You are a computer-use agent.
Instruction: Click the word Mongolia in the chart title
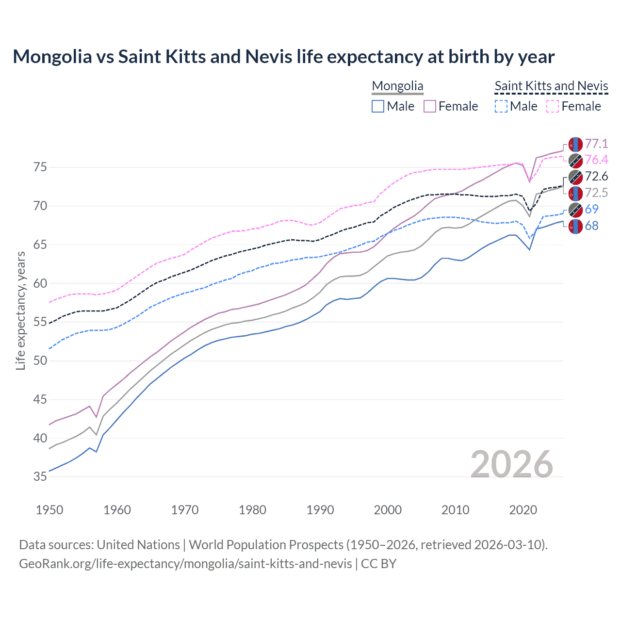pos(52,57)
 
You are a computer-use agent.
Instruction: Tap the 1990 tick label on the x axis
pos(320,510)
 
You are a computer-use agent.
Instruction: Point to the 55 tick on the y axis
pos(40,322)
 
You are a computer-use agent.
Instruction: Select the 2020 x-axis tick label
pos(523,510)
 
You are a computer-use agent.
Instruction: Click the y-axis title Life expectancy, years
pos(20,310)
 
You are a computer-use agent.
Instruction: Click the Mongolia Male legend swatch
pos(378,106)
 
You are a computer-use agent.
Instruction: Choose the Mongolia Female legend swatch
pos(430,106)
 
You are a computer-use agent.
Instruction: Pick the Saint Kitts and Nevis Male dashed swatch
pos(501,106)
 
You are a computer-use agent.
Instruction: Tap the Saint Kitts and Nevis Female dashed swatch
pos(553,106)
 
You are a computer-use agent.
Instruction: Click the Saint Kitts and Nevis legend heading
pos(551,86)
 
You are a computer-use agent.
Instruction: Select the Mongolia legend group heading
pos(397,86)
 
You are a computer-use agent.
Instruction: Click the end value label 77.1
pos(596,144)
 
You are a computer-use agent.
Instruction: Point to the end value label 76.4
pos(596,160)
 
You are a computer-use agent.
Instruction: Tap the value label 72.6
pos(596,176)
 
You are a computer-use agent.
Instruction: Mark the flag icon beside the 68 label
pos(575,226)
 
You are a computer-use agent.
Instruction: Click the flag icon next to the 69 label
pos(575,210)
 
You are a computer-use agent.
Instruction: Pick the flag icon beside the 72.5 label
pos(575,193)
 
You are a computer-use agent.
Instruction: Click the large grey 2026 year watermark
pos(512,464)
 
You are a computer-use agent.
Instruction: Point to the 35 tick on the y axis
pos(40,477)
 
